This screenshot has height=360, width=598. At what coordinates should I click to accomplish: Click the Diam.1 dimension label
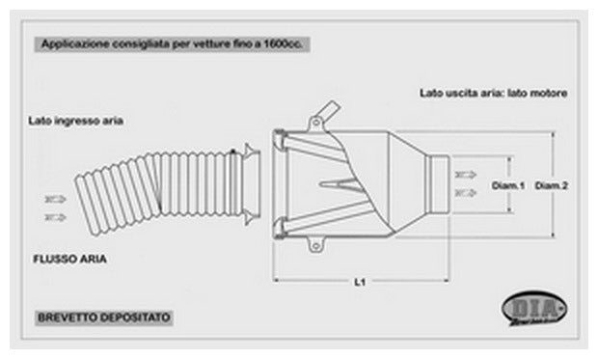[506, 185]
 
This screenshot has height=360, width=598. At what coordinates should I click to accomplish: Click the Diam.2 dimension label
[551, 185]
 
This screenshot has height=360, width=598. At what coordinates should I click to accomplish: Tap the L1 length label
[359, 283]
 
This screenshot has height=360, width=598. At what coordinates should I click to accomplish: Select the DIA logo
[533, 311]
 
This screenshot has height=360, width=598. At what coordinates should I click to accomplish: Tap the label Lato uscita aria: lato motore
[492, 94]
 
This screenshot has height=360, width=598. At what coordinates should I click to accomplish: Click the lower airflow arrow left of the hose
[54, 219]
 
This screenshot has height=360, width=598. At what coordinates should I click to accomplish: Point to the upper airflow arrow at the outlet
[468, 175]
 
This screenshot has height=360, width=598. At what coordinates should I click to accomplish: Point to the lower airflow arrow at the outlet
[468, 193]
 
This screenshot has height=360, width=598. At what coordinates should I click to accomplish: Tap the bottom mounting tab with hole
[314, 244]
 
